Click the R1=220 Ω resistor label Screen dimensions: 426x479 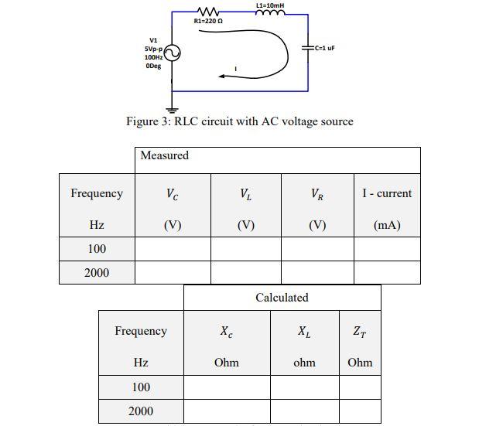pyautogui.click(x=208, y=22)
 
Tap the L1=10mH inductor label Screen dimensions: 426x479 pyautogui.click(x=269, y=5)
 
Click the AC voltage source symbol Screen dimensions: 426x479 pyautogui.click(x=171, y=53)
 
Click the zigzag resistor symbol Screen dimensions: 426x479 pyautogui.click(x=209, y=12)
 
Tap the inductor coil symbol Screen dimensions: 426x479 pyautogui.click(x=269, y=13)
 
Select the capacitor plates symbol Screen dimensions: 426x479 pyautogui.click(x=307, y=48)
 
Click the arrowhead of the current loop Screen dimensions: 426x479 pyautogui.click(x=223, y=76)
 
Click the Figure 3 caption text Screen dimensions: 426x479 pyautogui.click(x=239, y=121)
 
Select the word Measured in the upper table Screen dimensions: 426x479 pyautogui.click(x=164, y=155)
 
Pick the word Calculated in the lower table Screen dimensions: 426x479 pyautogui.click(x=282, y=298)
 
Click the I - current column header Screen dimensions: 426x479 pyautogui.click(x=387, y=193)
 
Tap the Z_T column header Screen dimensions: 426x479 pyautogui.click(x=360, y=331)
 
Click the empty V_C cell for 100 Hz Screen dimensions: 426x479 pyautogui.click(x=173, y=249)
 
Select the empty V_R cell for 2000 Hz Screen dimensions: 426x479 pyautogui.click(x=316, y=273)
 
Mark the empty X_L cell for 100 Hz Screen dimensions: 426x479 pyautogui.click(x=304, y=387)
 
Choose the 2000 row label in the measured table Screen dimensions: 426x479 pyautogui.click(x=97, y=273)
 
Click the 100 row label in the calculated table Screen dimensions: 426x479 pyautogui.click(x=141, y=387)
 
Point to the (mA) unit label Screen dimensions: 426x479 pyautogui.click(x=387, y=226)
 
